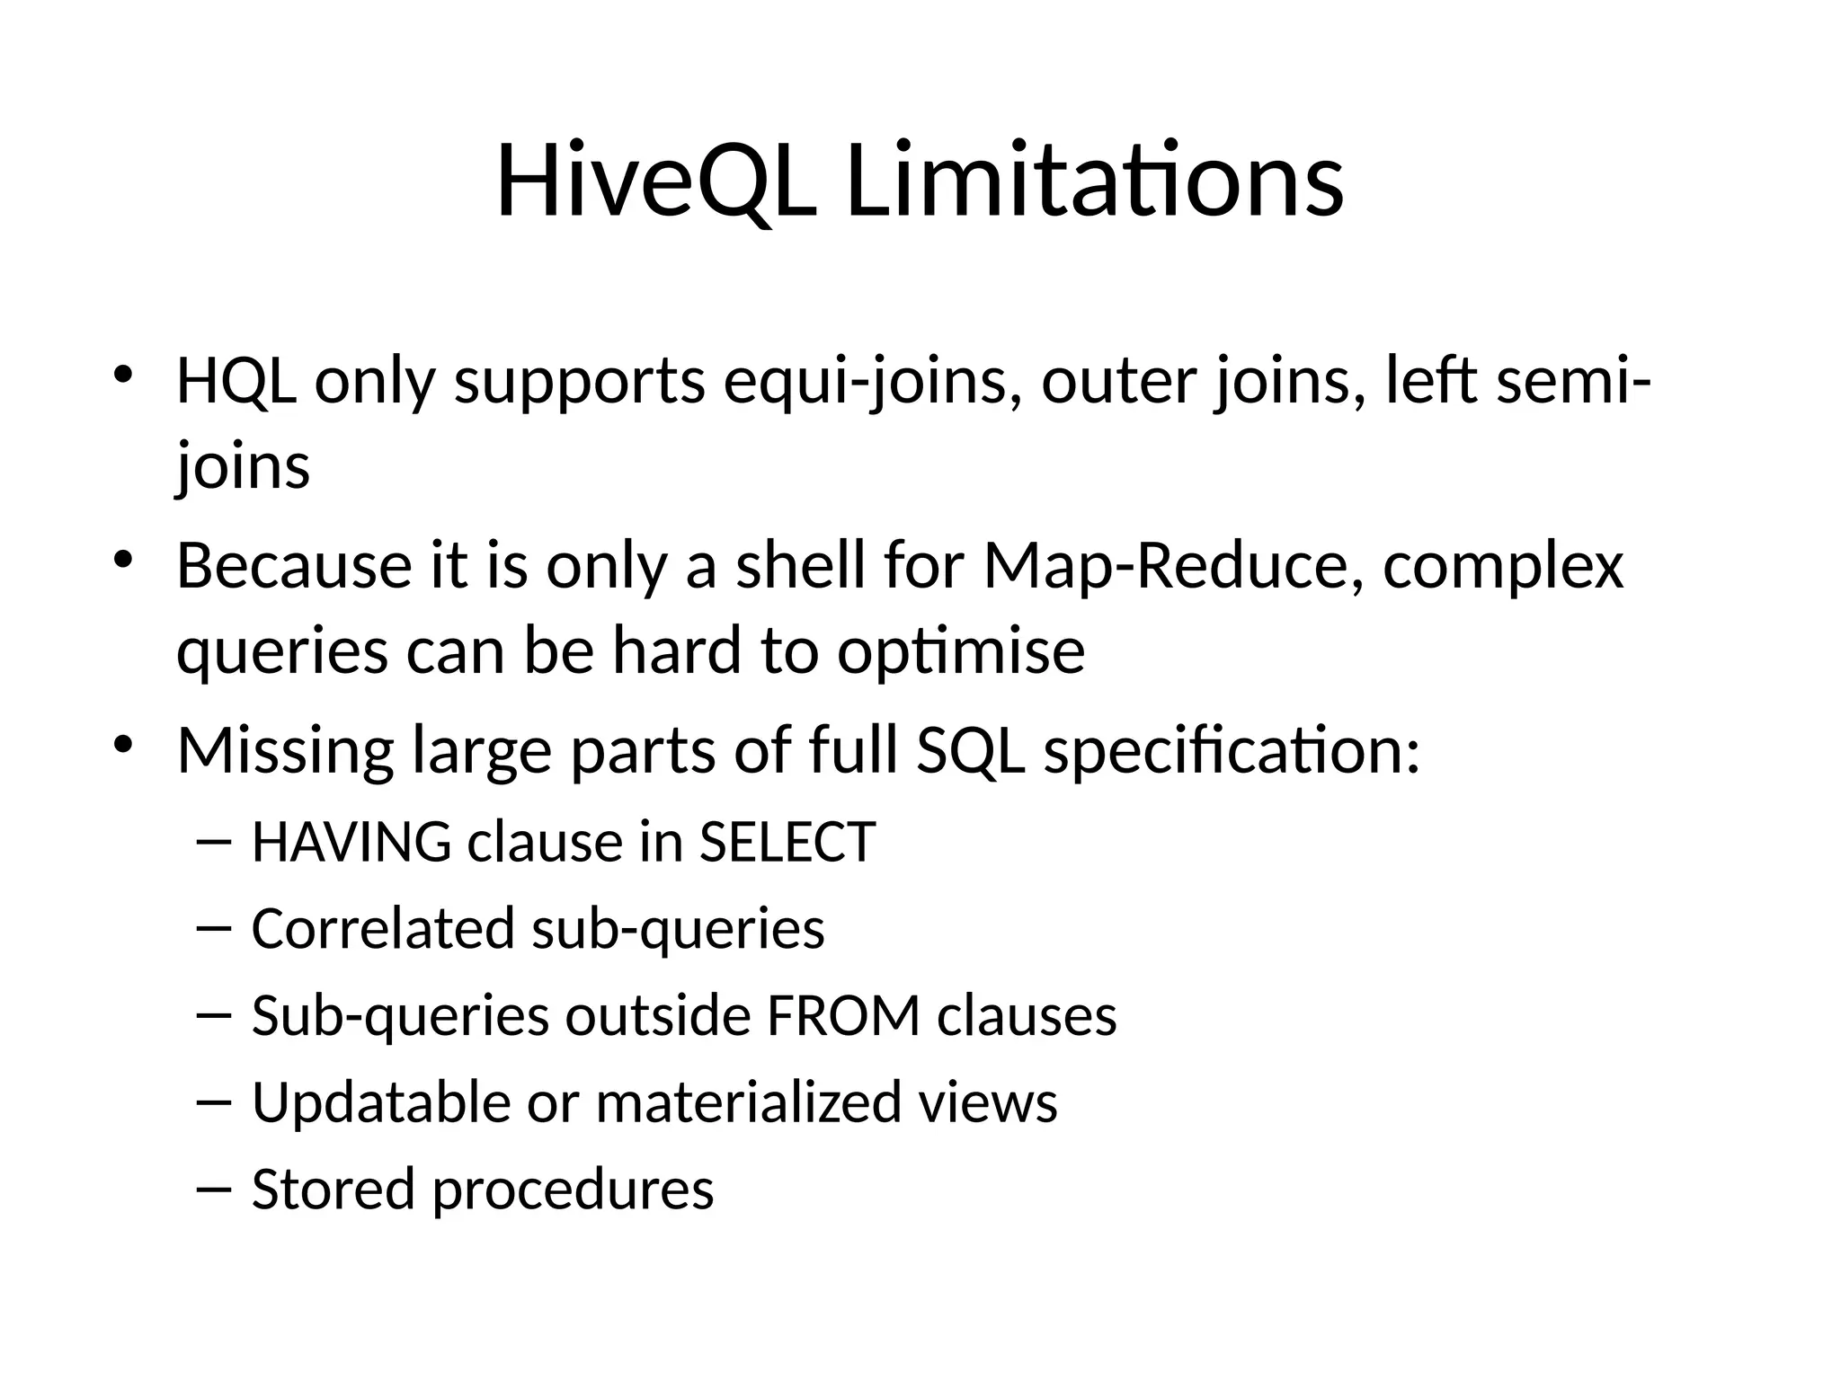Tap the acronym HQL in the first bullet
point(236,381)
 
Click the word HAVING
point(351,843)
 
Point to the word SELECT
point(787,843)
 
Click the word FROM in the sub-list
point(843,1015)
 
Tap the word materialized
point(748,1102)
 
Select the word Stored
point(333,1189)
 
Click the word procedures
point(574,1190)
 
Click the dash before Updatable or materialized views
point(213,1102)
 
